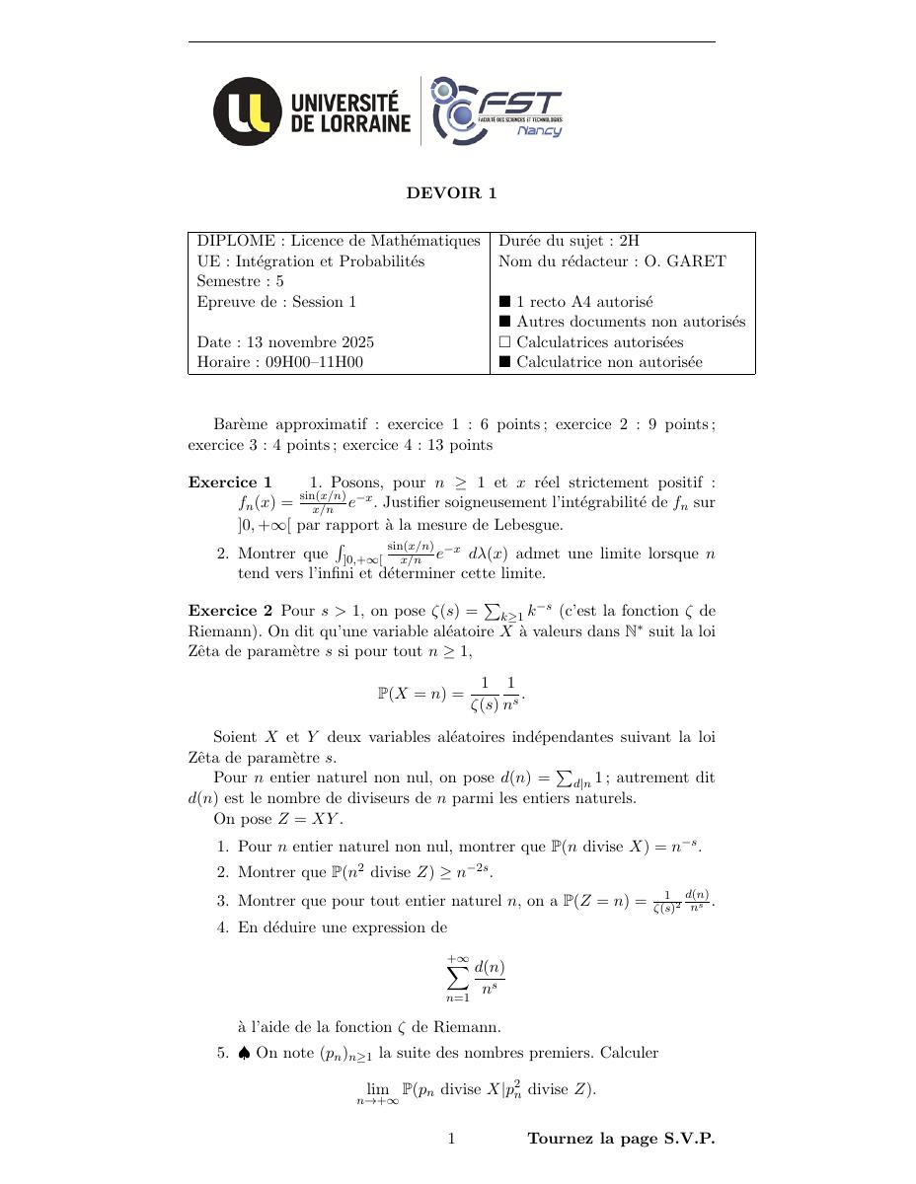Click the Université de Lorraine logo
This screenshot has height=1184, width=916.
312,111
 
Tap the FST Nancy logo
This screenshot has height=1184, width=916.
496,111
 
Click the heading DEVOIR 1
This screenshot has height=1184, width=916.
451,193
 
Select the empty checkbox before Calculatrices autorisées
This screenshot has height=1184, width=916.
504,342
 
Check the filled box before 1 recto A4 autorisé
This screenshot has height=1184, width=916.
504,302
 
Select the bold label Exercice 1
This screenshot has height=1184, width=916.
230,482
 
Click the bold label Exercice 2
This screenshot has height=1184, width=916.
230,611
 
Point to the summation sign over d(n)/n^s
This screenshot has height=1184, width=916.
457,977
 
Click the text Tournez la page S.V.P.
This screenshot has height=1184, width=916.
621,1139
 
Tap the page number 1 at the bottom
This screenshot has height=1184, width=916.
451,1139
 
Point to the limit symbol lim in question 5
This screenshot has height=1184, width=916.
378,1089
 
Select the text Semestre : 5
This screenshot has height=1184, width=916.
241,281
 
